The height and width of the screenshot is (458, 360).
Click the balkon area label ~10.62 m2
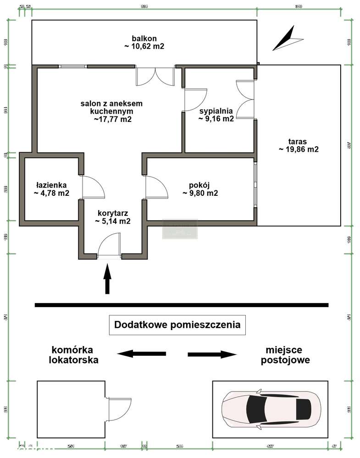[x=144, y=42]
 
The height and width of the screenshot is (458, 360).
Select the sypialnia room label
[x=216, y=115]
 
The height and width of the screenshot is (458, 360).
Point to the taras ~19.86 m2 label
[x=298, y=145]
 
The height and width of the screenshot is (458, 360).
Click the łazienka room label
[x=51, y=189]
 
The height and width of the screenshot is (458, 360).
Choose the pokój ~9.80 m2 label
[x=199, y=189]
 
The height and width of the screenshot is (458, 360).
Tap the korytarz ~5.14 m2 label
[x=113, y=217]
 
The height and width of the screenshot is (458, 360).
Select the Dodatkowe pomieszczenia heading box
[x=177, y=325]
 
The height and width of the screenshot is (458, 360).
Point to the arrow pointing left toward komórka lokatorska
[x=141, y=353]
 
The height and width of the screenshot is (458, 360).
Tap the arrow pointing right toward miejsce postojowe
[x=212, y=354]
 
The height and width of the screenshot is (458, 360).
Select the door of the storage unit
[x=117, y=406]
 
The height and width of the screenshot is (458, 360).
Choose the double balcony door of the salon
[x=155, y=77]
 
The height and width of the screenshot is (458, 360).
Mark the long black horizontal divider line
[x=182, y=305]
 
